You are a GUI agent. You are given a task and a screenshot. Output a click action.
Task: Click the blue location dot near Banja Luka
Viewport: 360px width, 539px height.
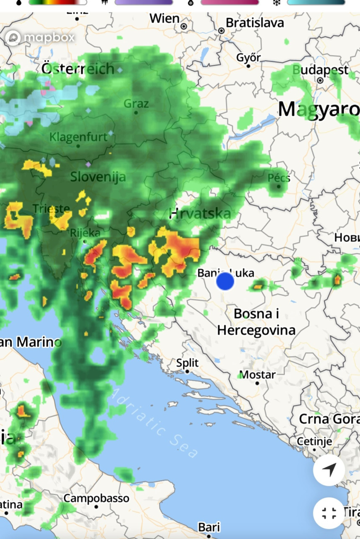(x=225, y=281)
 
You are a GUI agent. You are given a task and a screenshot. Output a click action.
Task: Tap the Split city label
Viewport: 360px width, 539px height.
(x=187, y=363)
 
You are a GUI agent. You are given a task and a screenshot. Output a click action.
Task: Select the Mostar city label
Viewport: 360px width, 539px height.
(x=257, y=375)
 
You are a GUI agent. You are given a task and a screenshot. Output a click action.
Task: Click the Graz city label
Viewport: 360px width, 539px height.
(x=136, y=103)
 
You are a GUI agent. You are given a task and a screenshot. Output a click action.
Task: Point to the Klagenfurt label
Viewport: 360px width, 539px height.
(x=78, y=137)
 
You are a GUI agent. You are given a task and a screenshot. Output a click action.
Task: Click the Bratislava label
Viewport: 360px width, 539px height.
(x=255, y=23)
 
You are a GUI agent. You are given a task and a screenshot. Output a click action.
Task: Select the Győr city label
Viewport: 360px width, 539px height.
(x=249, y=58)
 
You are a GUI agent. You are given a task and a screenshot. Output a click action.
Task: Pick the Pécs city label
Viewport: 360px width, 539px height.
(x=279, y=178)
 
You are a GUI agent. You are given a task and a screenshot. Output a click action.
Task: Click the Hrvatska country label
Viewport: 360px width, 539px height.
(x=200, y=214)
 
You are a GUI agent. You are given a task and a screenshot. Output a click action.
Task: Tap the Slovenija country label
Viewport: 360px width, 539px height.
(x=98, y=177)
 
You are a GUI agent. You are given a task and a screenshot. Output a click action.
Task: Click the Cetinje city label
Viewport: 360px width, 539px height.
(x=314, y=441)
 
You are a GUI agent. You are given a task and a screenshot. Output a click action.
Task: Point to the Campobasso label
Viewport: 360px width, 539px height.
(x=96, y=498)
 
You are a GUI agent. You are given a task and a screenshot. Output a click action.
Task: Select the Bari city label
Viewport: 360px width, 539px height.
(x=209, y=527)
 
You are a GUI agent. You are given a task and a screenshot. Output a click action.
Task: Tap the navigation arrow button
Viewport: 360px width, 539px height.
(x=329, y=470)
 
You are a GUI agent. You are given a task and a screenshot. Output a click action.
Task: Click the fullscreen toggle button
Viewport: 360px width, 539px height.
(x=329, y=513)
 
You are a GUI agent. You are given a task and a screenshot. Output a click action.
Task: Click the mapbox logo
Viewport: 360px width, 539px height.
(x=40, y=38)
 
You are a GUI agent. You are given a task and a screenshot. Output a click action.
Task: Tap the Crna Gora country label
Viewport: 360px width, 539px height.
(x=329, y=419)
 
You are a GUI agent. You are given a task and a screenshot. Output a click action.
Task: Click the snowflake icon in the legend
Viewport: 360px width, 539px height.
(x=277, y=3)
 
